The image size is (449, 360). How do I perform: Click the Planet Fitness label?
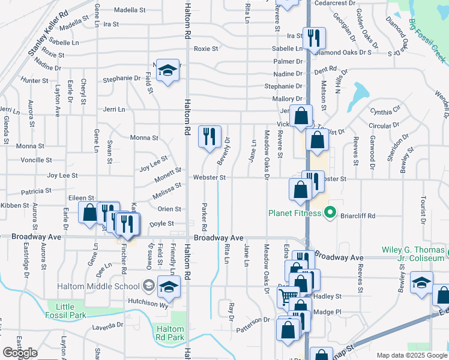[x=295, y=212]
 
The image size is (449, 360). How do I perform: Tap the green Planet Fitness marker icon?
[x=329, y=212]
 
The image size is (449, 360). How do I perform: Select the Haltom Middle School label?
[x=124, y=285]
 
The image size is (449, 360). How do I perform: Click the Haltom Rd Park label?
[x=170, y=333]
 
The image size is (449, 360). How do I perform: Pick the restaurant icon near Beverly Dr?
[x=209, y=137]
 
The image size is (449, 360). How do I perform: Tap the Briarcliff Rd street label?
[x=358, y=216]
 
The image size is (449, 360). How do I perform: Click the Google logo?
[x=20, y=353]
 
